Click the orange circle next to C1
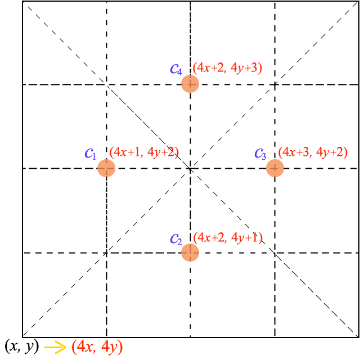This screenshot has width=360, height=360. tap(106, 168)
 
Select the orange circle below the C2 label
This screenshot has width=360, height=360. tap(190, 253)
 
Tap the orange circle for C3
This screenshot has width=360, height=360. tap(275, 168)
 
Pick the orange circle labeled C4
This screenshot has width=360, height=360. tap(190, 84)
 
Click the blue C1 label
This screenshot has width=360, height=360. tap(91, 154)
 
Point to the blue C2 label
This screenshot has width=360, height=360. tap(176, 239)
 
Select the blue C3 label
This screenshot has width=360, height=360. tap(260, 154)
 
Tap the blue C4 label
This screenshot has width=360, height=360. tap(176, 69)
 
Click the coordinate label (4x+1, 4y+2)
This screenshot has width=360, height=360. tap(144, 152)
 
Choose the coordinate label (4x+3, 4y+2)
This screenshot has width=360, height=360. tap(313, 152)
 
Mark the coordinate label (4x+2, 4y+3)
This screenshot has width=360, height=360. tap(227, 68)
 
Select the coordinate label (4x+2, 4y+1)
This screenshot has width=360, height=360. tap(228, 238)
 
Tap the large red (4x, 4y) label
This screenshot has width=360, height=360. tap(97, 347)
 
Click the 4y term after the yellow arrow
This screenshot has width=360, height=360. tap(110, 347)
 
